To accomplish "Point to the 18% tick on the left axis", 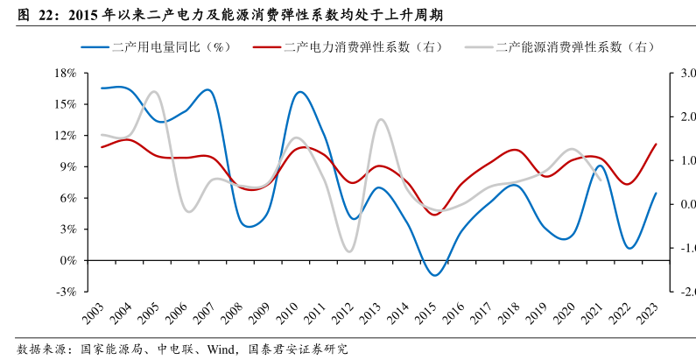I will coord(66,73).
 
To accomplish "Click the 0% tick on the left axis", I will coord(69,260).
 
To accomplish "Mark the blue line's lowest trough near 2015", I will coord(435,275).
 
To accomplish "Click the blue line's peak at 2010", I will coord(299,91).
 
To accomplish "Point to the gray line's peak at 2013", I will coord(381,119).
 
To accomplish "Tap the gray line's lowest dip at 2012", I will coord(351,251).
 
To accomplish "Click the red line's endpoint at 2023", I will coord(656,144).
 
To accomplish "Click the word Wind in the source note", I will coord(221,349).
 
